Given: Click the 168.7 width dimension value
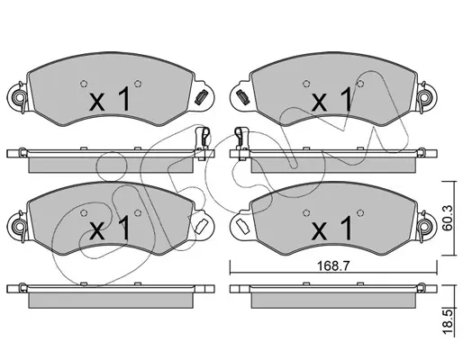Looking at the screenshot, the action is tap(333, 265).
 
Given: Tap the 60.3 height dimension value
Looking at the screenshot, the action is tap(448, 218).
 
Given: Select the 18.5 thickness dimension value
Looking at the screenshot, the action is tap(448, 322).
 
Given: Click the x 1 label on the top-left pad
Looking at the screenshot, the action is tap(110, 99).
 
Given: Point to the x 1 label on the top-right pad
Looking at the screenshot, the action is tap(331, 99).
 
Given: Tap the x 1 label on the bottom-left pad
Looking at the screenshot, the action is tap(110, 229).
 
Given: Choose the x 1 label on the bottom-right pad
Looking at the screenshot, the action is tap(331, 229).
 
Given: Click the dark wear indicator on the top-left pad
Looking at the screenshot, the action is tap(200, 97).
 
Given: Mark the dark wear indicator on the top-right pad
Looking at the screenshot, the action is tap(242, 96).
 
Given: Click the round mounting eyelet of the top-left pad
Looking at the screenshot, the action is tap(19, 97).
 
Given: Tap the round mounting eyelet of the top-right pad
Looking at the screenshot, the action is tap(424, 97).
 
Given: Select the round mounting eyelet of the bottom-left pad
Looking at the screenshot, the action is tap(19, 225).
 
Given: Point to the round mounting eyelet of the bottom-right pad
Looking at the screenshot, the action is tap(424, 225).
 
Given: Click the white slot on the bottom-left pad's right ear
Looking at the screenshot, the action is tap(200, 226).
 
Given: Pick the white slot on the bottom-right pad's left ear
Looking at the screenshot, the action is tap(242, 226).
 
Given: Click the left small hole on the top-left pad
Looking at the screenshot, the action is tap(84, 84).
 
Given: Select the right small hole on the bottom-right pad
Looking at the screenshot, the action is tap(360, 212).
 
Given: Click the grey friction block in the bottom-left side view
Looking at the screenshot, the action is tap(111, 301).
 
